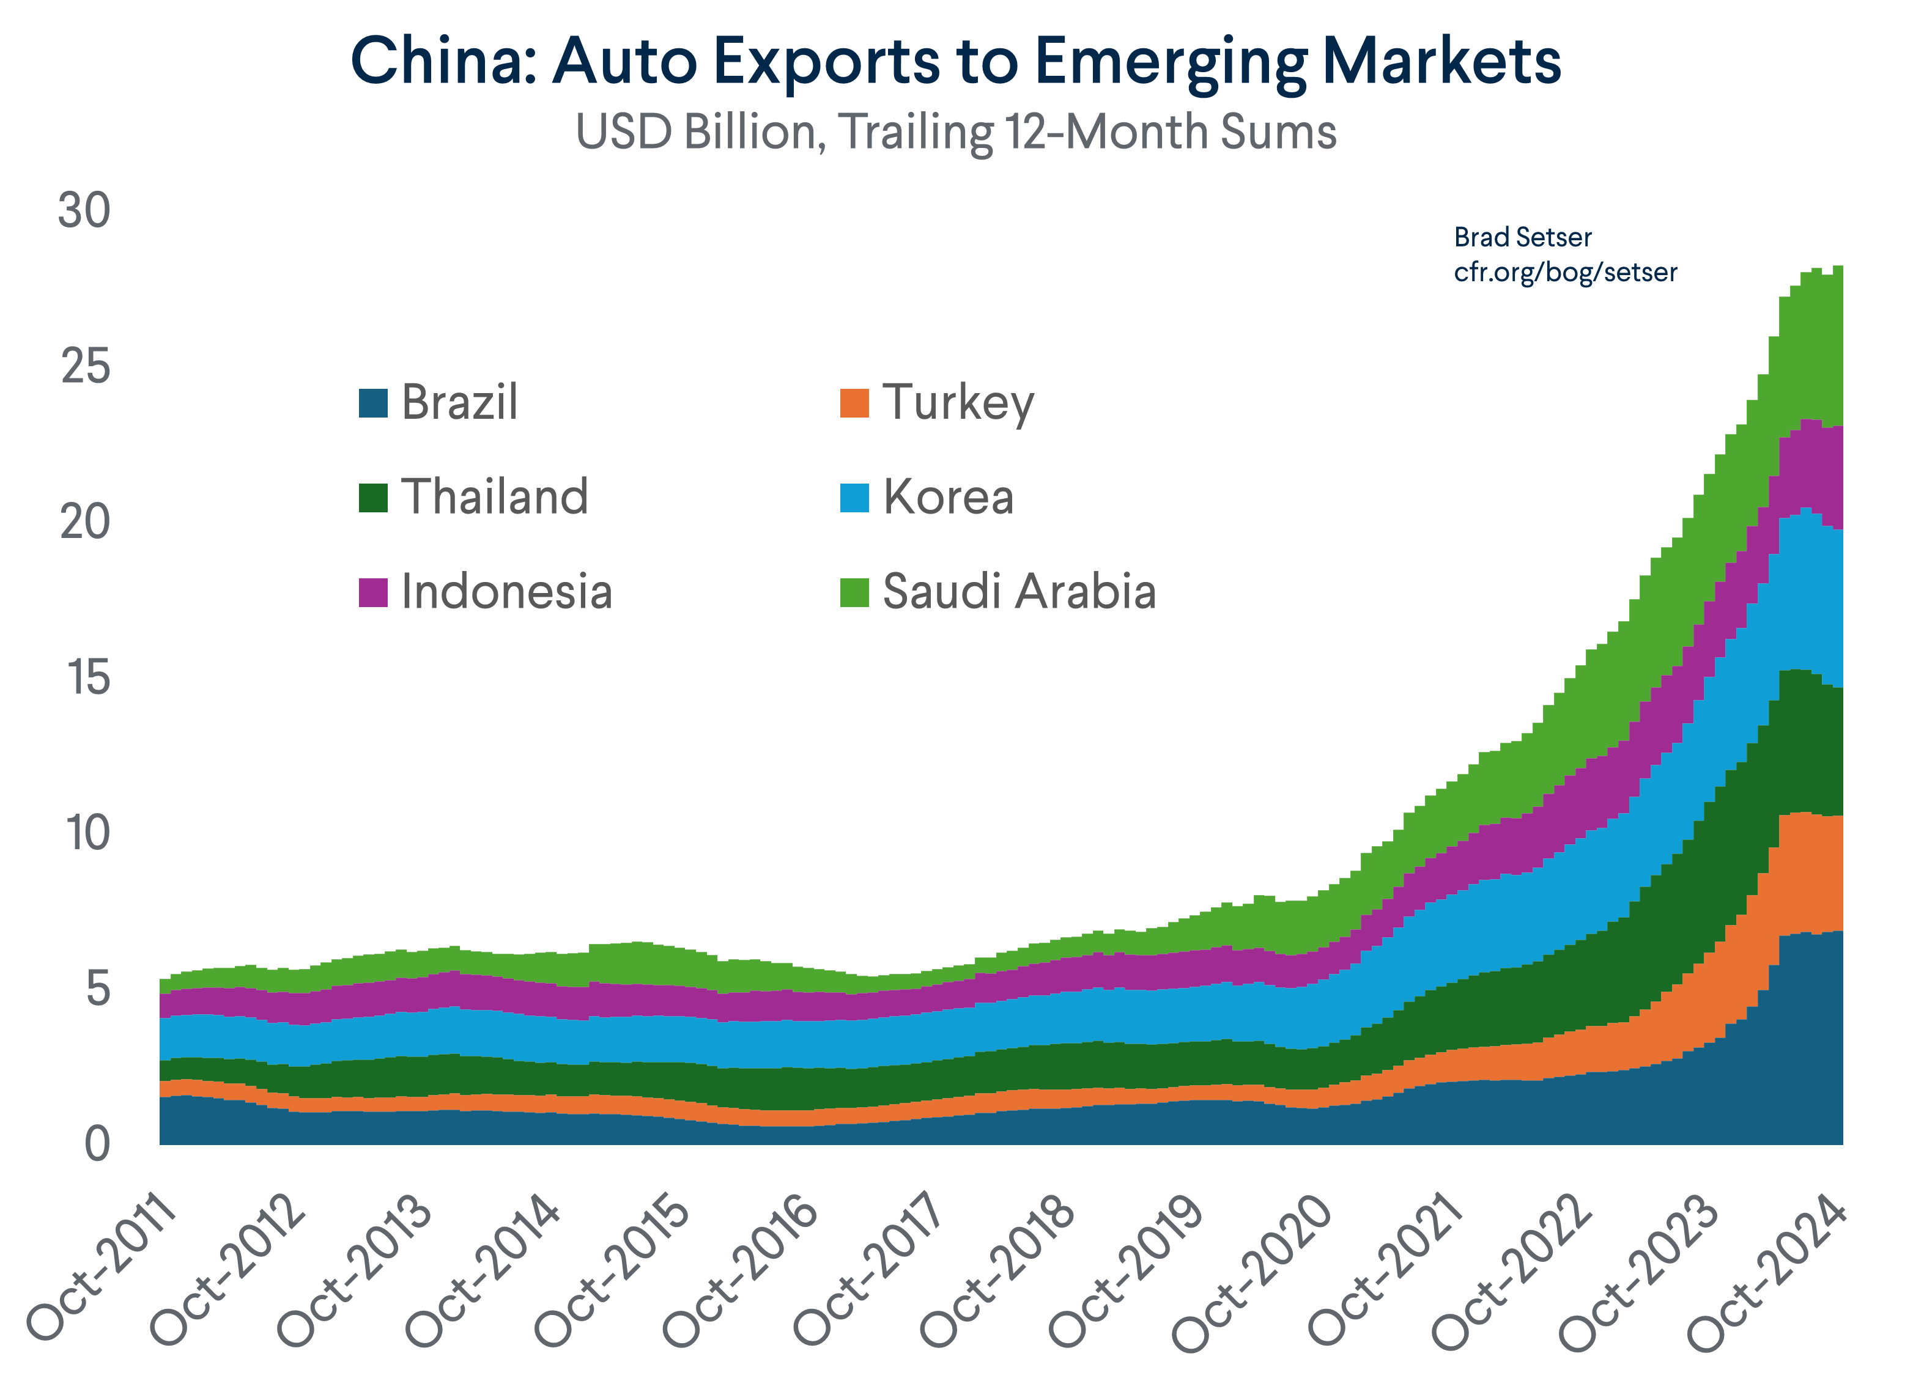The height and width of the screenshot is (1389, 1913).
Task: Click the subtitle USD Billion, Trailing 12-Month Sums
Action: [956, 133]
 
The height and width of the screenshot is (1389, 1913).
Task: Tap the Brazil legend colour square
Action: [373, 403]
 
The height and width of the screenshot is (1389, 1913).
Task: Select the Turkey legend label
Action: [958, 403]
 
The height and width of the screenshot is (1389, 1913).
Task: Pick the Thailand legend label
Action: [494, 498]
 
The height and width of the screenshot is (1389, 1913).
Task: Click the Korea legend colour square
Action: [854, 498]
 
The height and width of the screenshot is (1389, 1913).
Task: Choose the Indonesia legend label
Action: [506, 592]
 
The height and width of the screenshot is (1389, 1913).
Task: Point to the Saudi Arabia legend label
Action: [1018, 592]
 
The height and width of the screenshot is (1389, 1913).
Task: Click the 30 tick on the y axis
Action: [84, 211]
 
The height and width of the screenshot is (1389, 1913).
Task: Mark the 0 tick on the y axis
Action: [97, 1145]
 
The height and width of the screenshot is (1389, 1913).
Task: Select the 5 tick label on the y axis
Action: [98, 989]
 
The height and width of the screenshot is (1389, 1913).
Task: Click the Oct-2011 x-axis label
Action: [102, 1269]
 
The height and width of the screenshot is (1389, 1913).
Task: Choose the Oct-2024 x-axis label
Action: [1766, 1269]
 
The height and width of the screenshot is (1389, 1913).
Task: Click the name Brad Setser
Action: [1522, 238]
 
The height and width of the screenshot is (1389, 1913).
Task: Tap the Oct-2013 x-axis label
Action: [354, 1269]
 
